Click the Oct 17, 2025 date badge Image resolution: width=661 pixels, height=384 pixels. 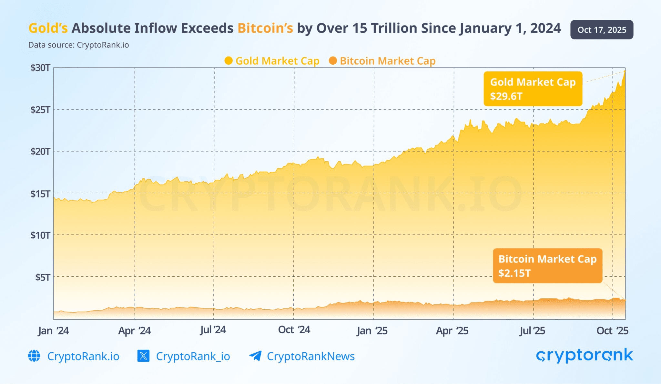pos(602,30)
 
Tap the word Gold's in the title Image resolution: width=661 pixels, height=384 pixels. pos(48,28)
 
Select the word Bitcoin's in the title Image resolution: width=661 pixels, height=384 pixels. pos(265,28)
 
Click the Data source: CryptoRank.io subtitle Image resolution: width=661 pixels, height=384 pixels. pos(78,45)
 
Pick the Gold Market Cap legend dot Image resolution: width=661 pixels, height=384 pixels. pos(229,61)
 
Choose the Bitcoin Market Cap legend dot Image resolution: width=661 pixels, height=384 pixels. pos(333,61)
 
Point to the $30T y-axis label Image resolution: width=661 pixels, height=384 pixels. pos(40,68)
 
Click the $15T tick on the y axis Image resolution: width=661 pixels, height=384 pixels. pos(40,194)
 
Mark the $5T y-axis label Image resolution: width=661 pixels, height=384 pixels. pos(43,277)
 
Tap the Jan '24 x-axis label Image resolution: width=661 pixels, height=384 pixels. pos(53,331)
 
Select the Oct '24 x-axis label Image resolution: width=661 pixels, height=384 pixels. pos(294,330)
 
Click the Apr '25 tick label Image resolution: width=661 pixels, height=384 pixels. pos(452,331)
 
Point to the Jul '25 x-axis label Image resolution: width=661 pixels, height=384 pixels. pos(532,331)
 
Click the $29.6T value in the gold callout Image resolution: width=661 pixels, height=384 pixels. pos(506,96)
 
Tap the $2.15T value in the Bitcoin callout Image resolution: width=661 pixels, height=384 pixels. pos(514,273)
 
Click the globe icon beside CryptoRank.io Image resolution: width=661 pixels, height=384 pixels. pos(34,356)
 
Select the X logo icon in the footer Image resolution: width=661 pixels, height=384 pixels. pos(143,356)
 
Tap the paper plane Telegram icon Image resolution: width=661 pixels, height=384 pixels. pos(255,356)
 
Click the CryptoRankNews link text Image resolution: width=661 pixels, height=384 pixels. pos(310,356)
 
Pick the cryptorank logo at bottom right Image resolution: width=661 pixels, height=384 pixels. pos(584,356)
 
